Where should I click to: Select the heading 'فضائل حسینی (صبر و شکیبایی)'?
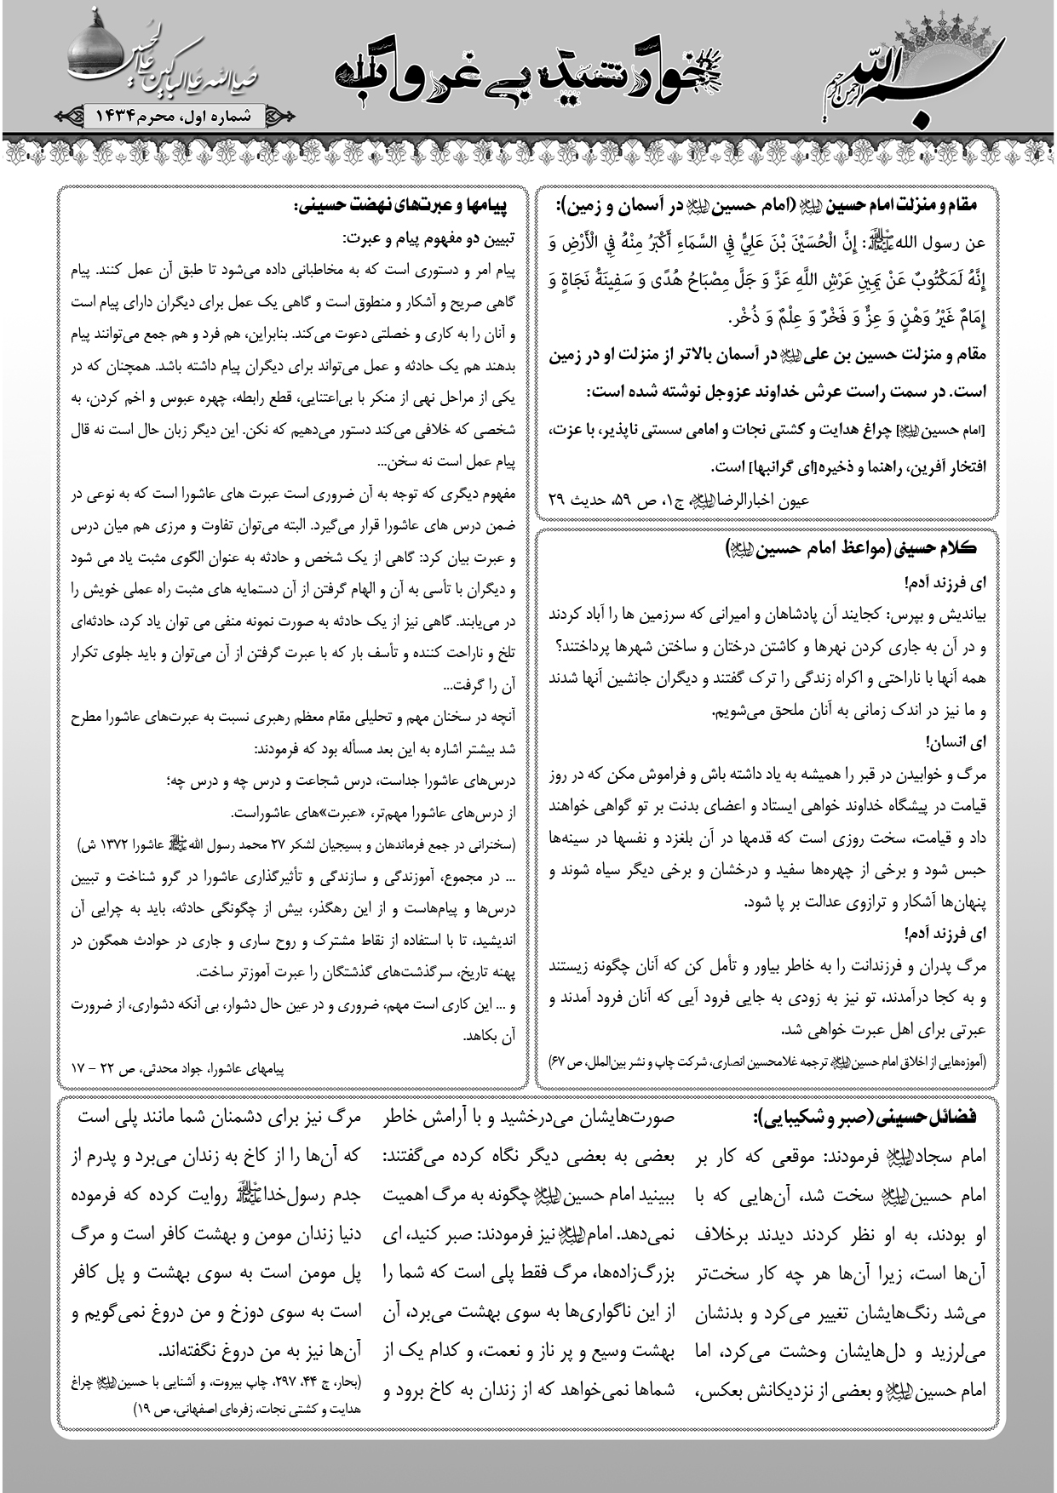pyautogui.click(x=865, y=1117)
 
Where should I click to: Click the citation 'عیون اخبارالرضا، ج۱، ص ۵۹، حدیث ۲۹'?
pyautogui.click(x=678, y=501)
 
